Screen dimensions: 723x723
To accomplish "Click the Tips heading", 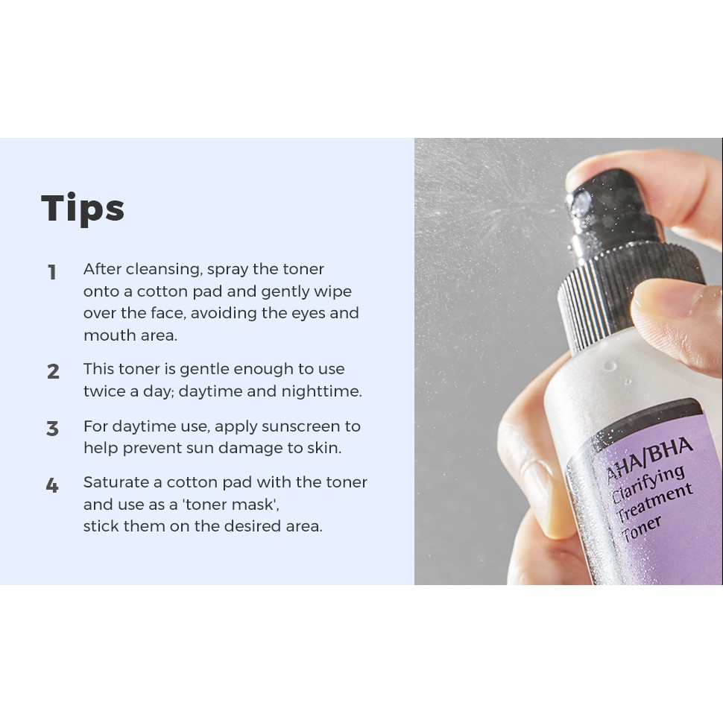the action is click(83, 209).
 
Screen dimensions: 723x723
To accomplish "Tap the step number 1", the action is click(52, 272).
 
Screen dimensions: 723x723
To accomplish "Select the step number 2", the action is click(53, 372).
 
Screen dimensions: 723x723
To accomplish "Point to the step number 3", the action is click(53, 429).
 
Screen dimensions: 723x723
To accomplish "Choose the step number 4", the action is click(53, 485).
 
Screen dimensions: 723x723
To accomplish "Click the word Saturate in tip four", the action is click(116, 482).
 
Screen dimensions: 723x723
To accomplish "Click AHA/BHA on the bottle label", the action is click(648, 459).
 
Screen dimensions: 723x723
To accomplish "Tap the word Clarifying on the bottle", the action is click(648, 484).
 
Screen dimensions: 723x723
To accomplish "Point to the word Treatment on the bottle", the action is click(654, 503).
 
